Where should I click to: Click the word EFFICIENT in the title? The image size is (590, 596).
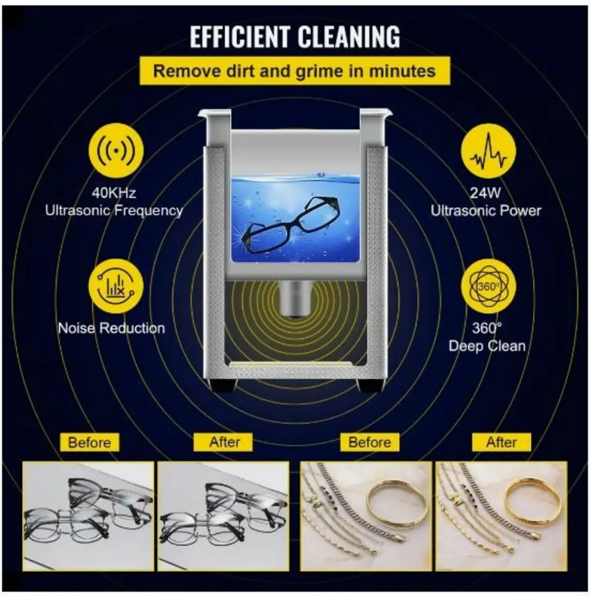[x=240, y=37]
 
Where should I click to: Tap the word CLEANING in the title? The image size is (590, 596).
[x=349, y=37]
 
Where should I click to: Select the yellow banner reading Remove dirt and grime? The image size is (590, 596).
[x=294, y=71]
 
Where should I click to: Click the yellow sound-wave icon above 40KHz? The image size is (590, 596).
[x=116, y=150]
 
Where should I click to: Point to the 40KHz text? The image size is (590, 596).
[x=114, y=193]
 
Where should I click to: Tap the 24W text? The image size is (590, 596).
[x=486, y=193]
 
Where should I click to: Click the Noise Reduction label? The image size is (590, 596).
[x=111, y=328]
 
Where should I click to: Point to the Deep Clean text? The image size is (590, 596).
[x=487, y=346]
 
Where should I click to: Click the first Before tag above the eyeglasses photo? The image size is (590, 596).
[x=89, y=443]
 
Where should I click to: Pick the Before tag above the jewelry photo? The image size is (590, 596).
[x=370, y=442]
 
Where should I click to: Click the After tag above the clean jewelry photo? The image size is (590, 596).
[x=502, y=442]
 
